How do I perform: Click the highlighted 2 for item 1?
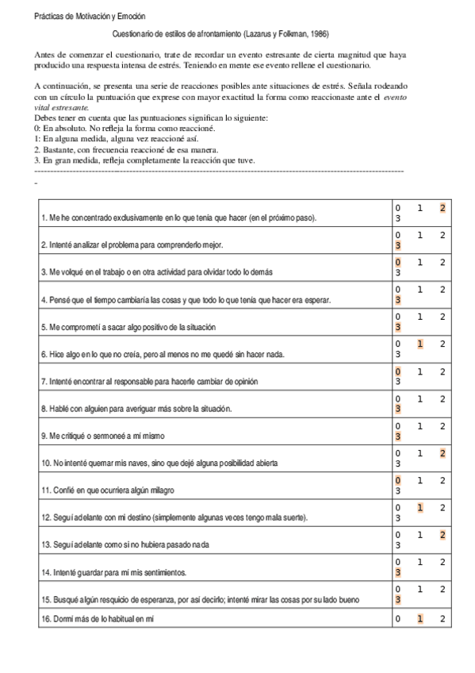[x=443, y=208]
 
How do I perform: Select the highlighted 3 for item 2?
[x=398, y=245]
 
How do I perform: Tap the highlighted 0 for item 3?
[x=398, y=262]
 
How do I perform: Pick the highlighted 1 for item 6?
[x=420, y=344]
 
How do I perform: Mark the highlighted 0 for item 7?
[x=398, y=371]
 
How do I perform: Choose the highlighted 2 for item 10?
[x=443, y=453]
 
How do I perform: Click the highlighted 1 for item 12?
[x=420, y=507]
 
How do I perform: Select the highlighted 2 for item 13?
[x=443, y=535]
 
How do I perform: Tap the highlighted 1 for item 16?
[x=420, y=618]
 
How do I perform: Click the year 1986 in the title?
[x=314, y=34]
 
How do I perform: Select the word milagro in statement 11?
[x=159, y=490]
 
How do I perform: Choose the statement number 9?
[x=43, y=436]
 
